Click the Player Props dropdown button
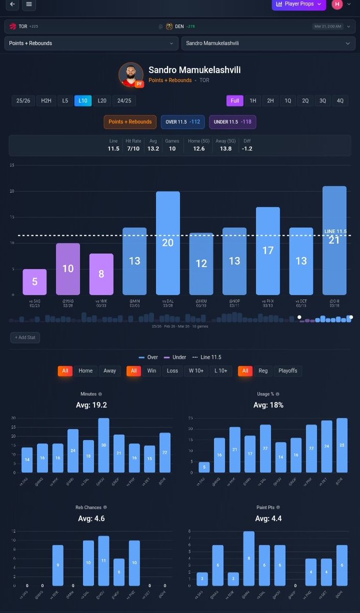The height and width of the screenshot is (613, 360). click(x=299, y=5)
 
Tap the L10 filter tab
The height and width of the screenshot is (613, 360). click(x=83, y=101)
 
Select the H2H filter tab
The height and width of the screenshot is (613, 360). click(x=46, y=101)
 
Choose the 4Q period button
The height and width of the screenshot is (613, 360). click(x=340, y=101)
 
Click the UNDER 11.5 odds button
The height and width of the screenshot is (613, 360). click(x=232, y=122)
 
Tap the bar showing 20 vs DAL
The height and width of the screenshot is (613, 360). click(x=167, y=243)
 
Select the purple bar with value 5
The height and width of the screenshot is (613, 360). click(x=35, y=282)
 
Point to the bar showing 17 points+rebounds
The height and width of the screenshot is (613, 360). click(x=268, y=251)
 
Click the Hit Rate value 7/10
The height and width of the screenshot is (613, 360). click(x=133, y=149)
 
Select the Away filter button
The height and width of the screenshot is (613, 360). click(x=110, y=370)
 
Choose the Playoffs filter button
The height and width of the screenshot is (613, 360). click(x=288, y=370)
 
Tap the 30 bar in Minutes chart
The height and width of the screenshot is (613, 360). click(x=104, y=445)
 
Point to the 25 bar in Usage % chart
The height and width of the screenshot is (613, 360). click(x=342, y=445)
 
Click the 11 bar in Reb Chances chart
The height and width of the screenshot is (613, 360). click(x=104, y=561)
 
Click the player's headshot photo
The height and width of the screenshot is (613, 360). click(x=131, y=75)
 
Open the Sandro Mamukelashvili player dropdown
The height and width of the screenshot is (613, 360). click(x=268, y=43)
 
